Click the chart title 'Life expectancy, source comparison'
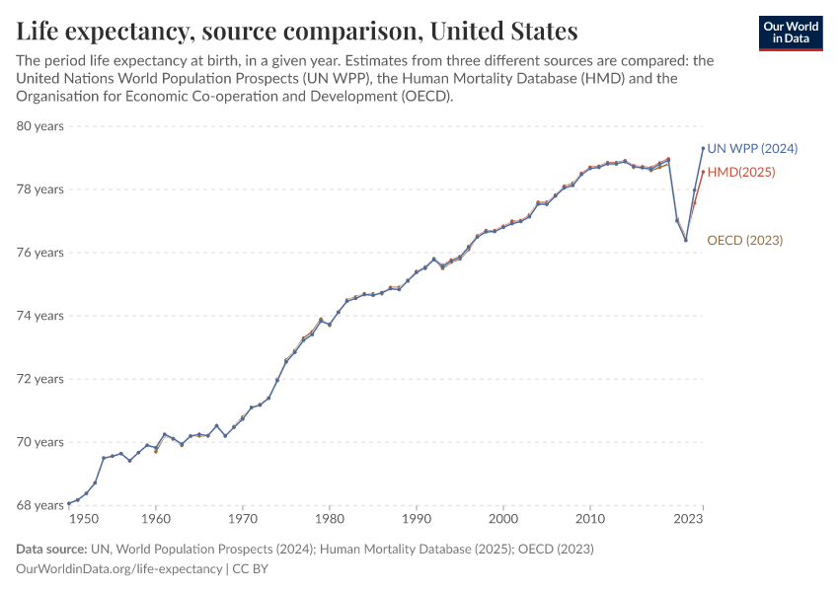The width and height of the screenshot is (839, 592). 296,31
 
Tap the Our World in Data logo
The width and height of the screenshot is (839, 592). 791,34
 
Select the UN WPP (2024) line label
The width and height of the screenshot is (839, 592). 752,149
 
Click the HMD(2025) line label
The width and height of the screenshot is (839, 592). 741,172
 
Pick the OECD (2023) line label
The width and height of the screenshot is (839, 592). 745,240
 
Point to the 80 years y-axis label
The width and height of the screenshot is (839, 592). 39,126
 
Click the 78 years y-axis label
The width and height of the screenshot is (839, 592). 39,189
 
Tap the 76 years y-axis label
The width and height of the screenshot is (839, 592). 39,253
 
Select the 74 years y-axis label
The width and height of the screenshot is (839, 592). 39,316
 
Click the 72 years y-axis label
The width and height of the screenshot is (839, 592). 39,379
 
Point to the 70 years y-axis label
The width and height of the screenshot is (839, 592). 39,442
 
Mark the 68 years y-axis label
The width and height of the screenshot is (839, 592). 39,505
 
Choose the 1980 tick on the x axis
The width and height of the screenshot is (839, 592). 330,518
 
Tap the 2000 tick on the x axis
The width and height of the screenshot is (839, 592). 503,518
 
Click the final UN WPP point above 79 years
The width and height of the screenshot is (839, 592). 703,148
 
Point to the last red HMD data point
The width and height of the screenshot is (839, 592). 703,172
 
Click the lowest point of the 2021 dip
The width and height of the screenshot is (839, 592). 685,240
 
